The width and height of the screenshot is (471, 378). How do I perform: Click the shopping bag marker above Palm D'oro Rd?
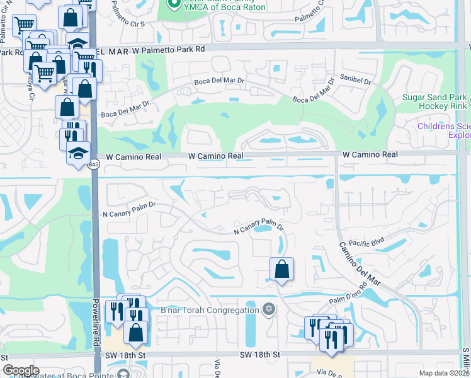[x=281, y=270]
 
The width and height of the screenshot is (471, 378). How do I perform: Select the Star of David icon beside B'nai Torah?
[x=269, y=309]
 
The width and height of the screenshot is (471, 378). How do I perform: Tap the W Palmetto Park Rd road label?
[x=151, y=49]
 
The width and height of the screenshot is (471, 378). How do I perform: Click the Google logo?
[x=21, y=370]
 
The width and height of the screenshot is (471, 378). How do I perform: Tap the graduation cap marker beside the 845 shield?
[x=79, y=155]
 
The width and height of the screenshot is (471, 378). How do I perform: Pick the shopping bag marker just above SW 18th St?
[x=135, y=331]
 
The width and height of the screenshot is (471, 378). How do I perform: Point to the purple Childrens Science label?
[x=444, y=130]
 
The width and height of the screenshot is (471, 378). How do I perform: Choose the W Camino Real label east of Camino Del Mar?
[x=370, y=154]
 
